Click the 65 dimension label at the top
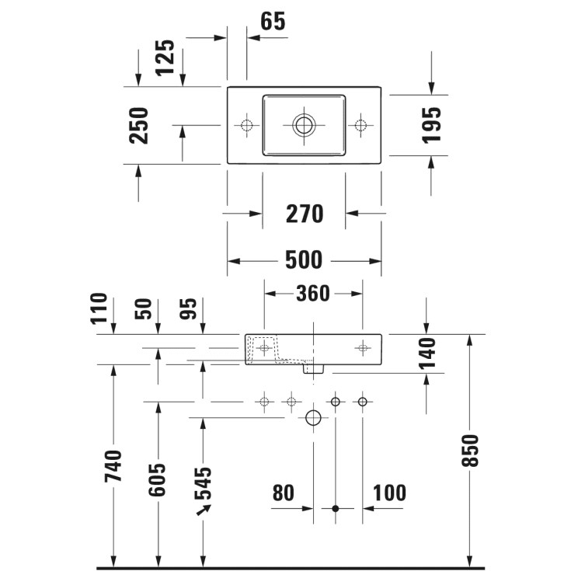click(273, 22)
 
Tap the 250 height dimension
click(139, 125)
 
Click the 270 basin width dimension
click(304, 213)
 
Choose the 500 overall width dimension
click(304, 260)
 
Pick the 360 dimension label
click(313, 293)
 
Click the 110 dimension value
click(98, 308)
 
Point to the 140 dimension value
click(427, 353)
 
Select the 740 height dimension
click(114, 466)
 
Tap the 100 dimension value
click(389, 493)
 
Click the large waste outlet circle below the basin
click(313, 418)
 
